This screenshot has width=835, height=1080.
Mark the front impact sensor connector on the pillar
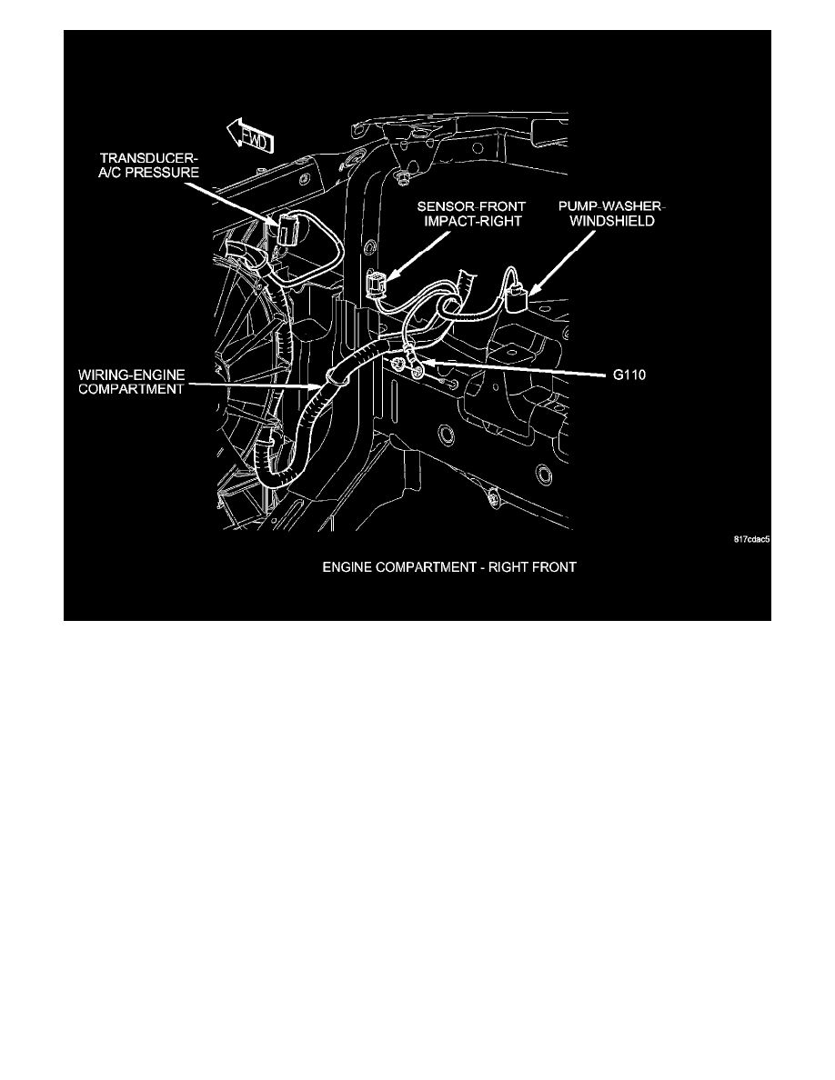click(375, 285)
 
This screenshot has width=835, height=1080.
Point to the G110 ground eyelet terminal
click(417, 368)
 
